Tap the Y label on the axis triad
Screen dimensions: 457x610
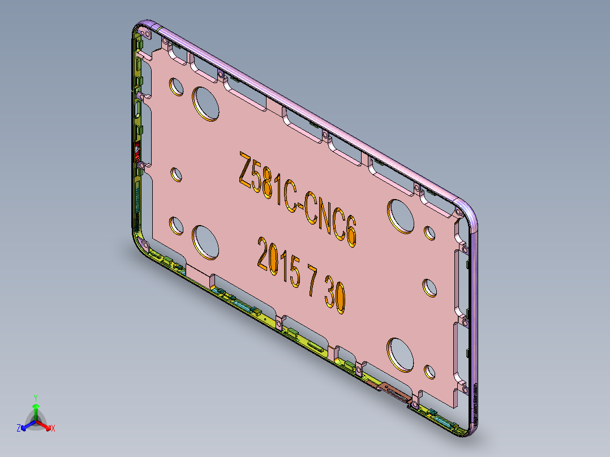coord(36,398)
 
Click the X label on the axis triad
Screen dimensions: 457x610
coord(53,429)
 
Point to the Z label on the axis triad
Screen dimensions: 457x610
coord(19,429)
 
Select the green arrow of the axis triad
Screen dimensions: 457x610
coord(36,409)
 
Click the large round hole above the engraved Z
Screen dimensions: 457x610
coord(206,104)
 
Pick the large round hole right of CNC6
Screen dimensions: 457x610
coord(401,215)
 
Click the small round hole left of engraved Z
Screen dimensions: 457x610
coord(177,174)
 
